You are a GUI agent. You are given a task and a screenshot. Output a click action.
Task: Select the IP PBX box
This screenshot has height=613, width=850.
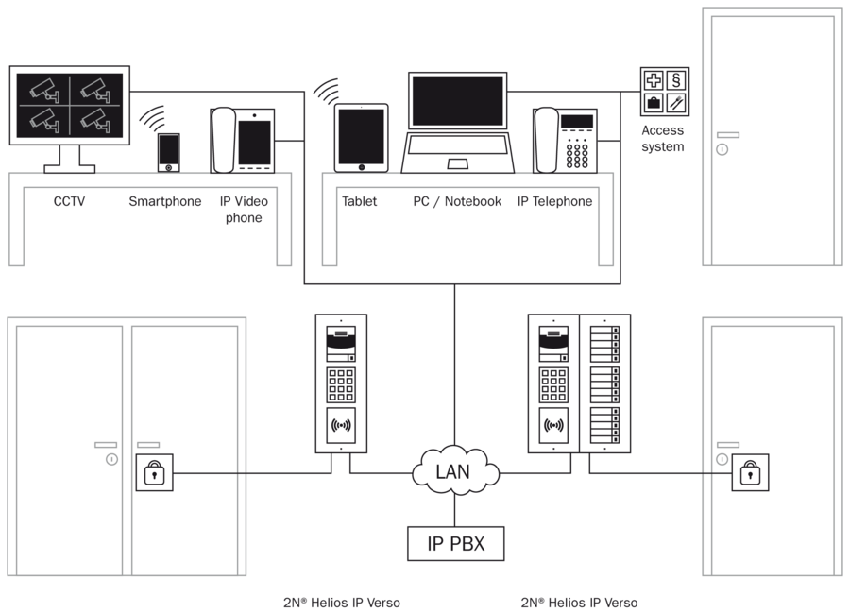(x=454, y=544)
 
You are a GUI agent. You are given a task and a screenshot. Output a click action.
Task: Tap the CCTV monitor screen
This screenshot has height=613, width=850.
(x=69, y=105)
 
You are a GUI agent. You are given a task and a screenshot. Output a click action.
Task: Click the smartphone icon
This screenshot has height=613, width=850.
(x=168, y=153)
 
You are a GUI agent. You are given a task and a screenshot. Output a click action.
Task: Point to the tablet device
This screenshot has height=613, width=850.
(x=362, y=138)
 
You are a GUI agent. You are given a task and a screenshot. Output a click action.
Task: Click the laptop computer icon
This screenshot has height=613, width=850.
(x=459, y=124)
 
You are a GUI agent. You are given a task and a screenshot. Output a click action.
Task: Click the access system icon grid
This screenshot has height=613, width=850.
(x=664, y=91)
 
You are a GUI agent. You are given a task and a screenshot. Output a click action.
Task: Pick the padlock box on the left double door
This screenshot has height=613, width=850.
(x=154, y=472)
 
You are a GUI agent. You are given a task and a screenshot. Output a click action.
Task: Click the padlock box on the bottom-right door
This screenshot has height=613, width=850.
(x=749, y=472)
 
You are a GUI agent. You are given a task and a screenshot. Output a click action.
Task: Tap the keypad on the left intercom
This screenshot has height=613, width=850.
(x=340, y=384)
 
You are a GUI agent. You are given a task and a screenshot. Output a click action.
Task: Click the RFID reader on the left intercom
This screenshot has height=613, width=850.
(x=340, y=427)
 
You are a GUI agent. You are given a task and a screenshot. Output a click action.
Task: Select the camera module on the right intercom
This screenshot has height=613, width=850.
(x=552, y=343)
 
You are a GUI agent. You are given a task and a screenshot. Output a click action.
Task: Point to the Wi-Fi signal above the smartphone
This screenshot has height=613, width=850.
(x=153, y=118)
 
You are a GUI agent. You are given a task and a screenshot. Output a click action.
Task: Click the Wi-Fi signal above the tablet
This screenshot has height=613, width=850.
(x=326, y=91)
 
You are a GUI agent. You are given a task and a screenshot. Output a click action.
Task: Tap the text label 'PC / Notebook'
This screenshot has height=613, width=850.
(x=457, y=201)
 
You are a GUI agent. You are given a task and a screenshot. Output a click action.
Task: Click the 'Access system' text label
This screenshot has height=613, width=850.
(x=662, y=139)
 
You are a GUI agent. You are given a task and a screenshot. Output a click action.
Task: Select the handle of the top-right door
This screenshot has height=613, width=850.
(x=724, y=145)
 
